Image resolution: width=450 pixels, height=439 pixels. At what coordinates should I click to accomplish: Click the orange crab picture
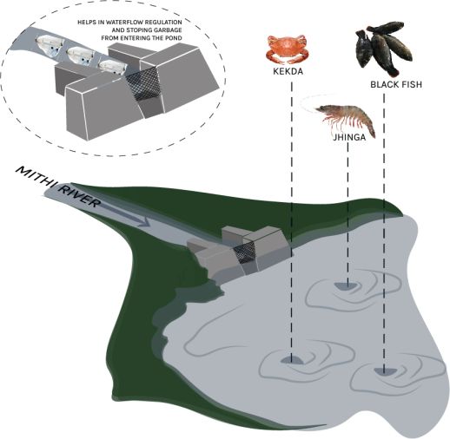288,49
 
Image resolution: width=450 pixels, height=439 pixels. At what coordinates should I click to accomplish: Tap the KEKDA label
288,71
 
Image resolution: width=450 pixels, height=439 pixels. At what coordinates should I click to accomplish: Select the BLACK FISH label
396,85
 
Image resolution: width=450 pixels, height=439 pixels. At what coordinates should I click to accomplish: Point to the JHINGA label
349,137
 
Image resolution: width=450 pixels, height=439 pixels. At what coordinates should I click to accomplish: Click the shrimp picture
346,119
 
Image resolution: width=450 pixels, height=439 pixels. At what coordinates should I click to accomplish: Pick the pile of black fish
384,48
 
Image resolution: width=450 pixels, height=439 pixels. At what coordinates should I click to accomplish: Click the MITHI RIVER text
58,187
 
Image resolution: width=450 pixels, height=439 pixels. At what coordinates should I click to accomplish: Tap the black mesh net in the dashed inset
142,84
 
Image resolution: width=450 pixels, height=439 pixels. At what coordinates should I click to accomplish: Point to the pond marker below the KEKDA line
291,360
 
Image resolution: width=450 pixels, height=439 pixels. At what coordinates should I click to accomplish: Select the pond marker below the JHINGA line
347,285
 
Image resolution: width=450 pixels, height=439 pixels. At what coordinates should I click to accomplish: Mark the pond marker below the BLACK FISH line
384,371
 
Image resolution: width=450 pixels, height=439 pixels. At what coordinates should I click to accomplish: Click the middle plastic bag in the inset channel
80,55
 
